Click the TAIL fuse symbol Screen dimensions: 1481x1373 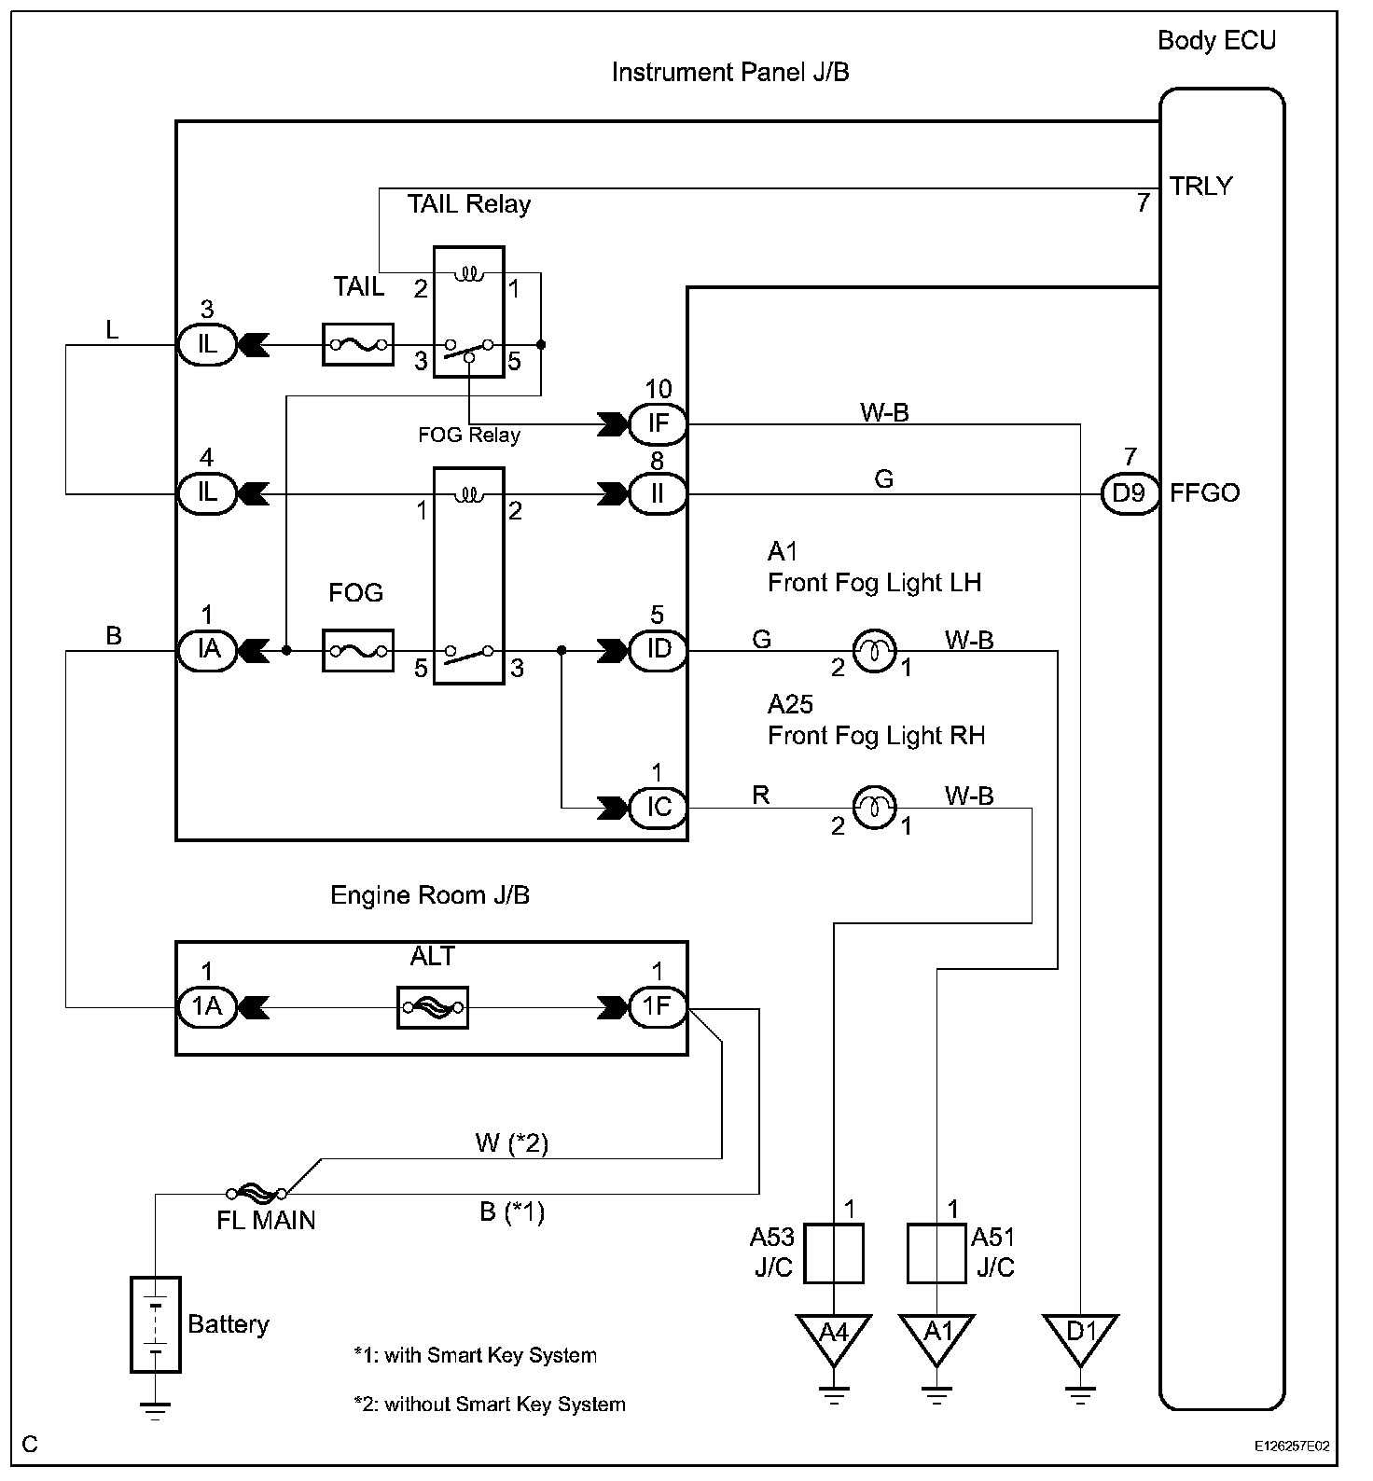click(357, 345)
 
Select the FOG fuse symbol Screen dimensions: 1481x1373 click(357, 650)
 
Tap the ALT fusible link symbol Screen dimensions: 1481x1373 click(432, 1007)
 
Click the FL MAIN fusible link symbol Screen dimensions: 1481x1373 click(257, 1192)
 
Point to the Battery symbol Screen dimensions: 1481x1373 click(155, 1324)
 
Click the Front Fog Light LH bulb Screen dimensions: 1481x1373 click(875, 651)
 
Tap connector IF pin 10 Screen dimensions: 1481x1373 click(658, 423)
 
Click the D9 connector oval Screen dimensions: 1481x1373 click(1129, 492)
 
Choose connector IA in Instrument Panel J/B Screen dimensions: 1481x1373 click(207, 649)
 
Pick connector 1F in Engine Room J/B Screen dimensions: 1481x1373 click(658, 1007)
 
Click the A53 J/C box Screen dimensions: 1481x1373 click(834, 1253)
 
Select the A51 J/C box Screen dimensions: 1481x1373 click(936, 1253)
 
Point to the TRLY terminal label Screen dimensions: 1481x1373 click(1201, 187)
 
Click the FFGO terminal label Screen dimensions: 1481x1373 click(1205, 492)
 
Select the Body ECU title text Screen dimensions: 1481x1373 click(1216, 41)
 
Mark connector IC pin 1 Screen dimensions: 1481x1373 click(658, 807)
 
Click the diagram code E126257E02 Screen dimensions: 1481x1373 click(1292, 1446)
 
